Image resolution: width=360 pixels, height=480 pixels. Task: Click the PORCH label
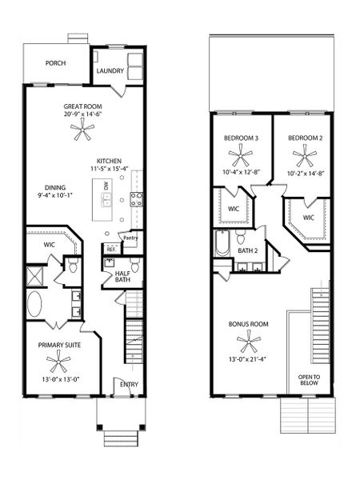55,63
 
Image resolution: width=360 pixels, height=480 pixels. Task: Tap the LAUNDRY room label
110,71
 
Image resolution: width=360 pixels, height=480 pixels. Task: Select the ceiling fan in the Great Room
82,132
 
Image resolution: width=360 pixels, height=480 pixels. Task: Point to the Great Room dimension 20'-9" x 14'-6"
82,114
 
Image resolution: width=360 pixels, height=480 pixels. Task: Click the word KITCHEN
110,159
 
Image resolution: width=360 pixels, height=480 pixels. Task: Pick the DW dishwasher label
106,186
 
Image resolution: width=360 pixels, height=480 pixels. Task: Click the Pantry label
130,236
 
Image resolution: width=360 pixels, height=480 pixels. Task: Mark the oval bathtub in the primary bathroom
38,305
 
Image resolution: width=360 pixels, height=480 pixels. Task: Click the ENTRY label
128,385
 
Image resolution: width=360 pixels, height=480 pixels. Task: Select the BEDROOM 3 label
241,138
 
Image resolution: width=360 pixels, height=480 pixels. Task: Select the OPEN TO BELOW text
308,380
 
